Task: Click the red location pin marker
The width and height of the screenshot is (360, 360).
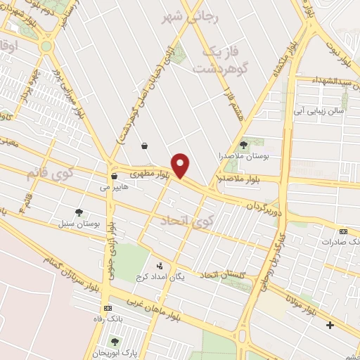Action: [x=181, y=165]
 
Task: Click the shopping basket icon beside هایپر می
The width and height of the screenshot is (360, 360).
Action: [x=113, y=176]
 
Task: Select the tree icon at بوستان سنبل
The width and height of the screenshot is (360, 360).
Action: [x=79, y=212]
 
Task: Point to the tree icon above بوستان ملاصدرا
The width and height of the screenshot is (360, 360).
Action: [x=243, y=144]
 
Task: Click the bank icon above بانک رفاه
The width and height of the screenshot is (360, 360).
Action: [x=107, y=308]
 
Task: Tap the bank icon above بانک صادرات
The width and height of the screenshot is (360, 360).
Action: [x=343, y=231]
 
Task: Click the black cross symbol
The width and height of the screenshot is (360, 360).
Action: [x=330, y=325]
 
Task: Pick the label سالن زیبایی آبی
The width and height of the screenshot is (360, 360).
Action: [x=320, y=110]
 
